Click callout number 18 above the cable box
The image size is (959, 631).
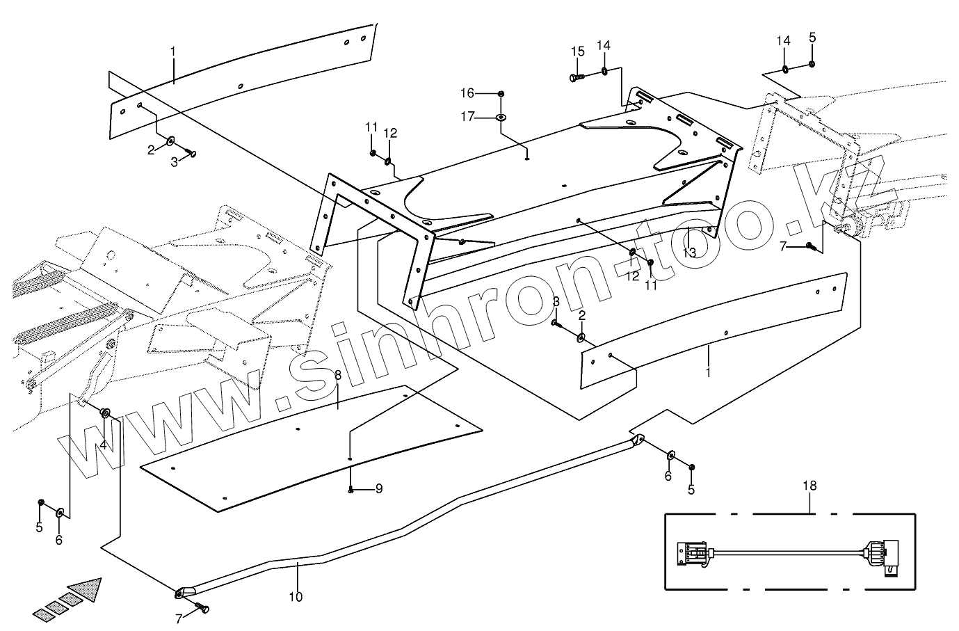pos(809,486)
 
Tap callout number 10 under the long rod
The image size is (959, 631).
pos(296,596)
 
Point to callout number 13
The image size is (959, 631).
pos(688,253)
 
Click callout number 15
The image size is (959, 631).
pos(579,51)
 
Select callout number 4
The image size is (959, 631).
pos(103,445)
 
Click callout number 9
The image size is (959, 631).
pos(379,489)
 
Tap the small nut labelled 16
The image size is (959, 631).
pos(501,93)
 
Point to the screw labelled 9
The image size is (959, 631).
pos(352,490)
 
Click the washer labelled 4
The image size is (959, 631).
pos(106,414)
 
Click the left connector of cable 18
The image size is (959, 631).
pos(692,556)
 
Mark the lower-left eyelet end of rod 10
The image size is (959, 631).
pos(180,593)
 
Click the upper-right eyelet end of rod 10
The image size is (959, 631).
pos(638,439)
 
